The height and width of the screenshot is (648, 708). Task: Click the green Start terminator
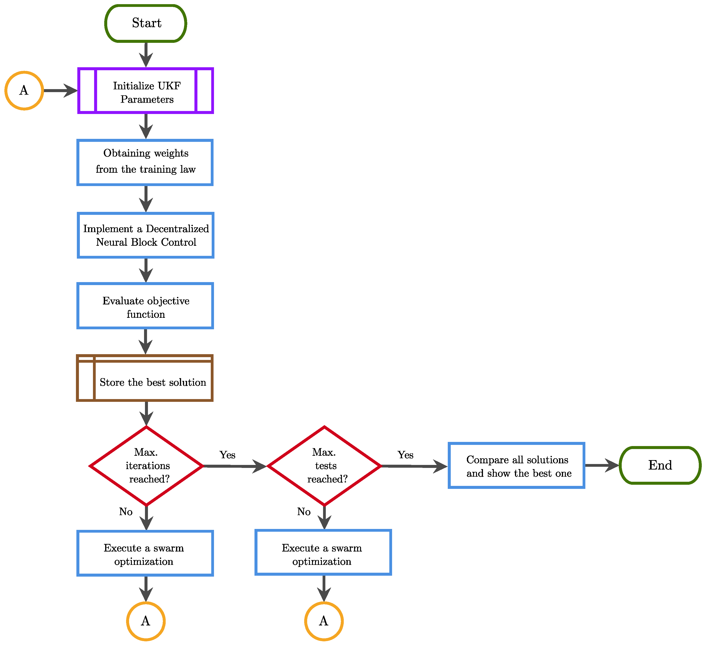(146, 23)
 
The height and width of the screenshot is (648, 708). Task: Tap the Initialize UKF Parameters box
(146, 91)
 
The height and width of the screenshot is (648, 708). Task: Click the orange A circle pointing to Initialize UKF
(24, 91)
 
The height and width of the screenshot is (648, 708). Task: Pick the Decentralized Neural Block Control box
(145, 235)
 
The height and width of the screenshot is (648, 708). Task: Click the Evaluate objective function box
(145, 306)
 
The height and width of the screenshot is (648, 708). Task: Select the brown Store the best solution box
(145, 378)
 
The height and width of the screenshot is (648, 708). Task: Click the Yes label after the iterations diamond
(227, 455)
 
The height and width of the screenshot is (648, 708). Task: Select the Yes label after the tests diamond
(405, 455)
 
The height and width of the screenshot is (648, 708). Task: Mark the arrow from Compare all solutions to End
(601, 465)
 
